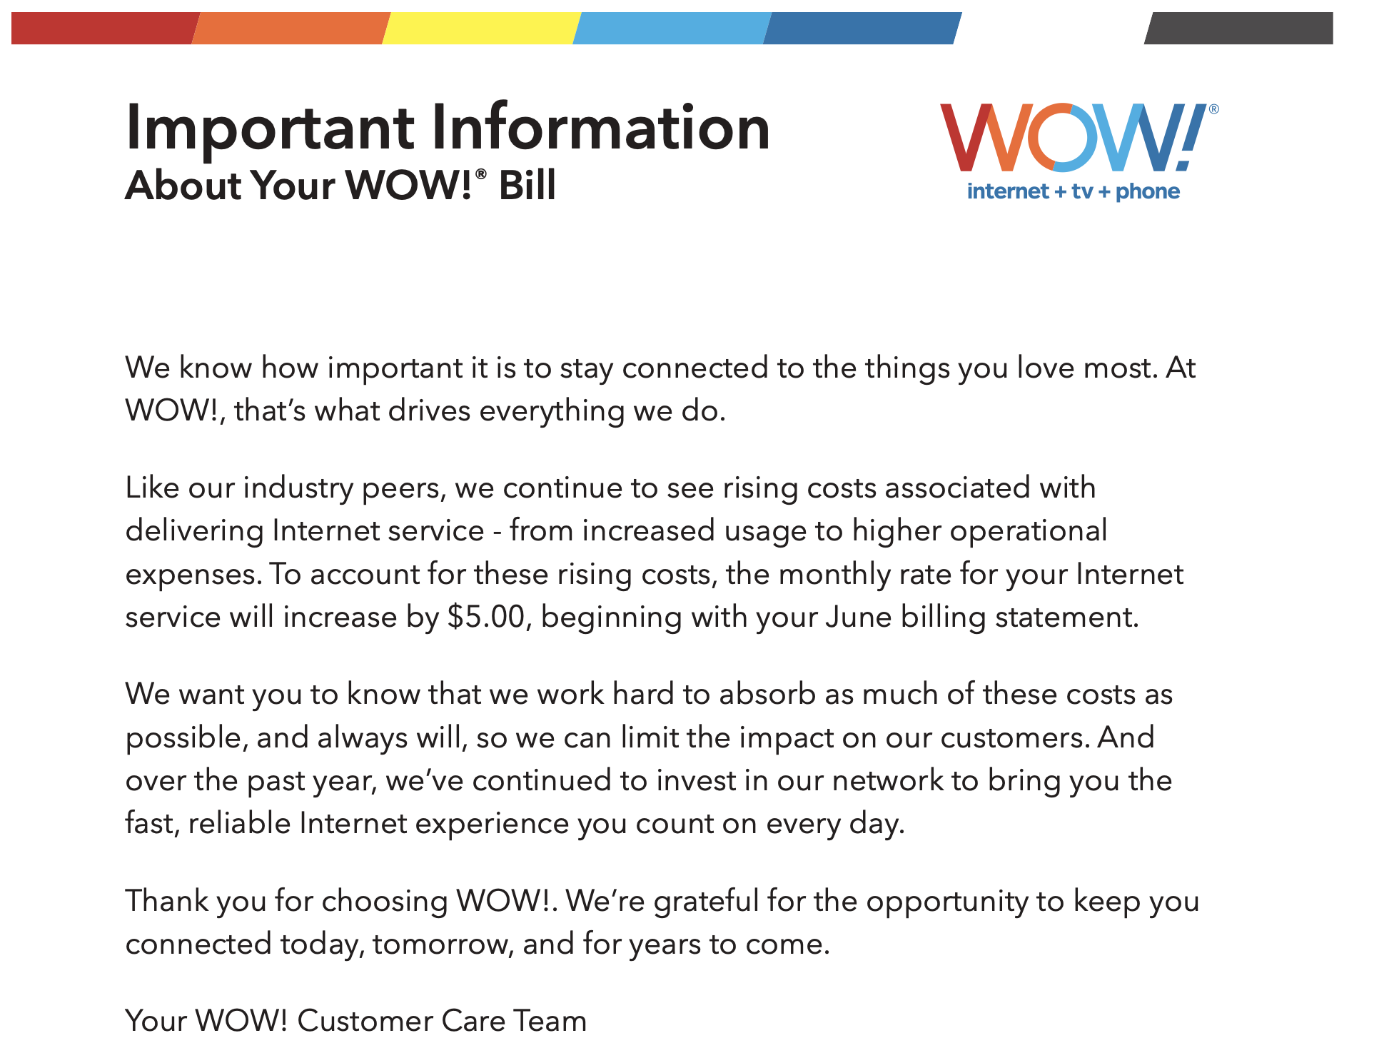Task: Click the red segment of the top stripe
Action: pos(104,28)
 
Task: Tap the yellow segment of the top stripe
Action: pos(482,28)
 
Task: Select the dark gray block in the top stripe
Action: pos(1238,28)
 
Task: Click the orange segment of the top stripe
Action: pos(291,28)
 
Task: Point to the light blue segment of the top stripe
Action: pos(672,28)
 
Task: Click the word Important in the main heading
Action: pos(270,129)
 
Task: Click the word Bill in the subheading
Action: pos(527,186)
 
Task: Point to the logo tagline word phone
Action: pos(1148,191)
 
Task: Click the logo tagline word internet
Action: pos(1008,191)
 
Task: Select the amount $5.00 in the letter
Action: pos(486,617)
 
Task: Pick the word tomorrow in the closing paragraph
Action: pos(443,944)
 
